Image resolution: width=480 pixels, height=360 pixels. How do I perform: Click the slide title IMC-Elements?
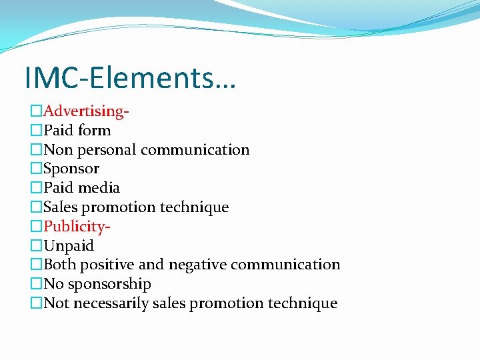[130, 77]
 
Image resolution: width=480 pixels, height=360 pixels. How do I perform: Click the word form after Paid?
[94, 131]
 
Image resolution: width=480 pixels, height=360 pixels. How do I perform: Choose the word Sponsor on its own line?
[71, 169]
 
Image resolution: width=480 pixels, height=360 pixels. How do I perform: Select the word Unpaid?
[69, 245]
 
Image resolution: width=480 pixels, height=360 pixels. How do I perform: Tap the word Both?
[59, 265]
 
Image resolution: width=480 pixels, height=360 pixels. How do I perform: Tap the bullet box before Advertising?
[37, 111]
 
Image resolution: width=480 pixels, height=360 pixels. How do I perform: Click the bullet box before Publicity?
[37, 226]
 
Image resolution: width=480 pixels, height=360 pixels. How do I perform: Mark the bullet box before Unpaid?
[37, 245]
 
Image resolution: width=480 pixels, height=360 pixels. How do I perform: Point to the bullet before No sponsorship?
[37, 284]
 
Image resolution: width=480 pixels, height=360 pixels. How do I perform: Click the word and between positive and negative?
[151, 265]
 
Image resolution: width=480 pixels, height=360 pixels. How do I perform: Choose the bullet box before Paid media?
[37, 188]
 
